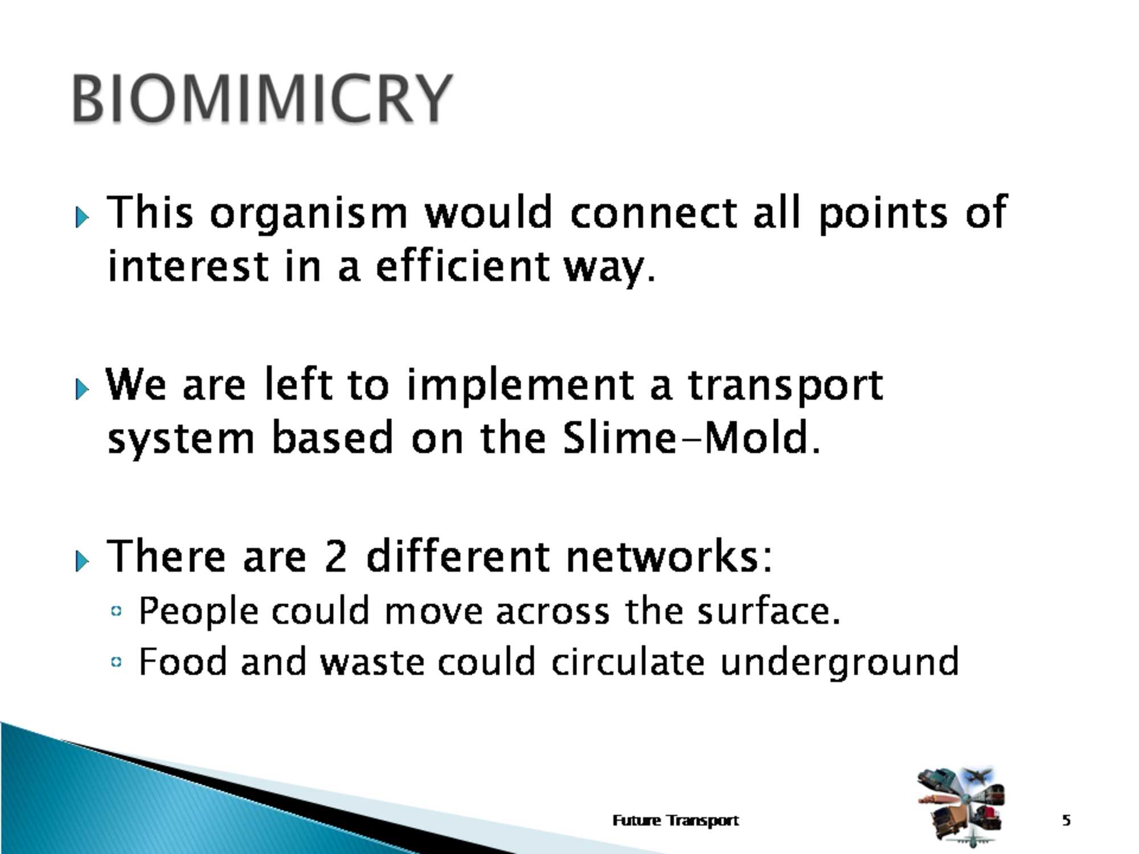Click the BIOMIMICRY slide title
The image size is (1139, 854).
point(262,98)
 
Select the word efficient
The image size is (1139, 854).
point(462,266)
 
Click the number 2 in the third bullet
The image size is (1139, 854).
point(336,556)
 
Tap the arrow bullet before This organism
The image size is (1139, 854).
point(82,217)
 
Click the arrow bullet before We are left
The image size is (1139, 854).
point(82,389)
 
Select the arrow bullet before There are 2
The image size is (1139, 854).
point(82,561)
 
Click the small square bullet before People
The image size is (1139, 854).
point(117,611)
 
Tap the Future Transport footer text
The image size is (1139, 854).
point(675,820)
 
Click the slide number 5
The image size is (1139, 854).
point(1066,820)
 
